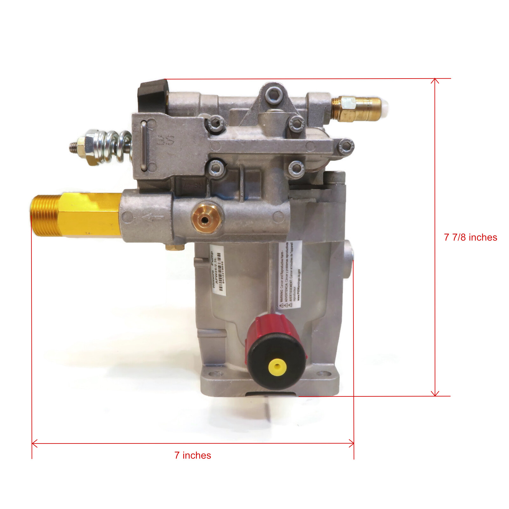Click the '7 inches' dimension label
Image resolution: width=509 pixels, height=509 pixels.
(192, 455)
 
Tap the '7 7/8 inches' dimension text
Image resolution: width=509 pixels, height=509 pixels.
(470, 237)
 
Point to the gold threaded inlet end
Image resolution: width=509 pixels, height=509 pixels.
(45, 216)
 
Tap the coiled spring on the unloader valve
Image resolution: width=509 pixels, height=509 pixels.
(118, 146)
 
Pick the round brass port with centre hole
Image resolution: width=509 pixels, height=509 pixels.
(206, 219)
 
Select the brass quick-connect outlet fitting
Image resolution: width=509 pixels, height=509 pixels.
(356, 108)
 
